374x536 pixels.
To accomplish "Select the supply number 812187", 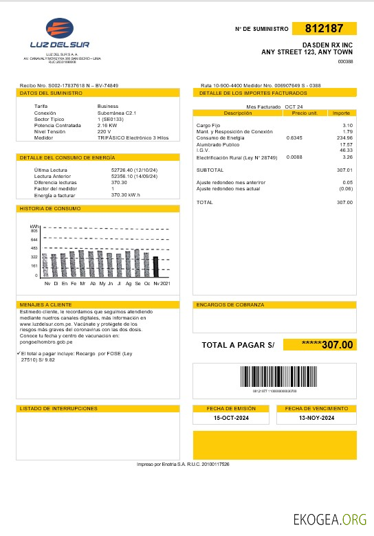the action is pyautogui.click(x=323, y=29).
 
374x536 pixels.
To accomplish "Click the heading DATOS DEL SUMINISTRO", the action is pyautogui.click(x=47, y=92).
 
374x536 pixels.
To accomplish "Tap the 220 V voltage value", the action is pyautogui.click(x=104, y=131).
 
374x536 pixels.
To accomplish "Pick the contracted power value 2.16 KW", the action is pyautogui.click(x=108, y=126).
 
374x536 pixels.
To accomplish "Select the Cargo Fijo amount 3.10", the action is pyautogui.click(x=347, y=125).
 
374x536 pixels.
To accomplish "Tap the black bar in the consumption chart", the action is pyautogui.click(x=155, y=266).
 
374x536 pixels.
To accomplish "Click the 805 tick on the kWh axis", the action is pyautogui.click(x=34, y=231).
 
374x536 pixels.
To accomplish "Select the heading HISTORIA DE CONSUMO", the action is pyautogui.click(x=50, y=208).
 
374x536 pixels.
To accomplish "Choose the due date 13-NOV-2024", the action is pyautogui.click(x=316, y=418).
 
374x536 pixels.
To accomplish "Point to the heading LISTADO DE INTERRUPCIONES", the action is pyautogui.click(x=58, y=408).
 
